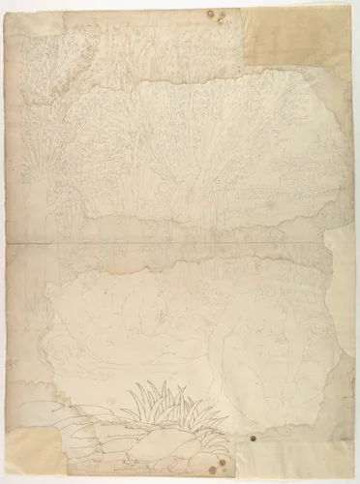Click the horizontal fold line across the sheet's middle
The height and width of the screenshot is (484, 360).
pos(180,240)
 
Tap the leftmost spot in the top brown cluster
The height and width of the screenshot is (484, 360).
pos(210,15)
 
